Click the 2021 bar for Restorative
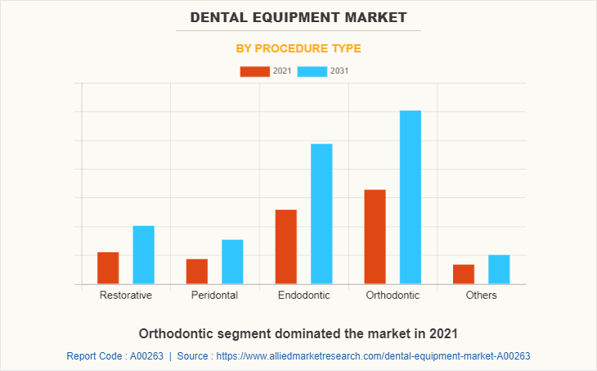(108, 268)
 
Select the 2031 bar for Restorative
(144, 255)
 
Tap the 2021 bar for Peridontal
(197, 271)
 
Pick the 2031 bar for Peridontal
(232, 261)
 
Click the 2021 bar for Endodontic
(286, 247)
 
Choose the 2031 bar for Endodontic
(321, 214)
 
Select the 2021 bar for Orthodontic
(375, 237)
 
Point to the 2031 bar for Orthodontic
(411, 197)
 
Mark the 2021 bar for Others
(464, 274)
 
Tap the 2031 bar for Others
(499, 269)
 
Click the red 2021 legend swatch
(254, 71)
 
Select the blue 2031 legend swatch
(312, 71)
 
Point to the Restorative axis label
(125, 295)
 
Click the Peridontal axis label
(214, 295)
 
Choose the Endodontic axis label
(303, 295)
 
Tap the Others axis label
(481, 295)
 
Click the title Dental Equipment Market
(298, 16)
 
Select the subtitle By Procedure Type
(298, 48)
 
